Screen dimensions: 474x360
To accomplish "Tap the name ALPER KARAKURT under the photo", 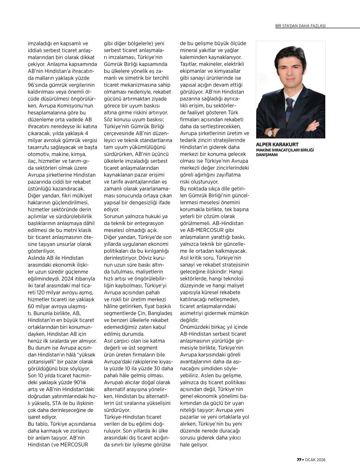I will click(277, 144).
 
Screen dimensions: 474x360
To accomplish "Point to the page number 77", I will click(299, 460).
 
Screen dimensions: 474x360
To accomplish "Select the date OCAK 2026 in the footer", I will click(315, 460).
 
